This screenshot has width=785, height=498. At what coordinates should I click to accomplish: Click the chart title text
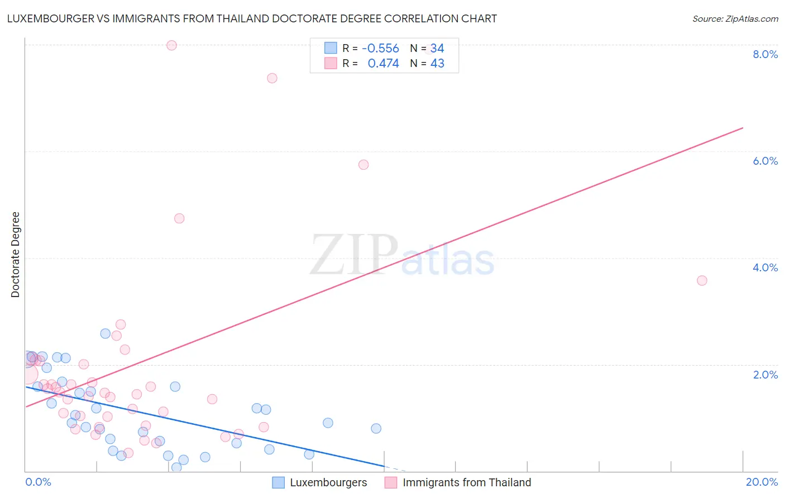click(x=252, y=18)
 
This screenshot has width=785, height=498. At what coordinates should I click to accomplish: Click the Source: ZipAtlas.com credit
click(x=735, y=18)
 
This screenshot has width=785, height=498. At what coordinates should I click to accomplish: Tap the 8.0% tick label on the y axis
click(x=765, y=54)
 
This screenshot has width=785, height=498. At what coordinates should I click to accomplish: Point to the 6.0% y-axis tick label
click(x=765, y=161)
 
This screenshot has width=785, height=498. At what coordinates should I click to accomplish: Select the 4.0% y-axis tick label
click(x=765, y=267)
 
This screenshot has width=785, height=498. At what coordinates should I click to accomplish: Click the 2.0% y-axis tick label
click(x=765, y=375)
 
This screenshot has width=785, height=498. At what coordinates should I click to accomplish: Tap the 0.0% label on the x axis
click(x=38, y=482)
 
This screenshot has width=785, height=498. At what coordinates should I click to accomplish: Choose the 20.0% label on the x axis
click(x=762, y=482)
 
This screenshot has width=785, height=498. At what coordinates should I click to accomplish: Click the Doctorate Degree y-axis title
click(x=16, y=255)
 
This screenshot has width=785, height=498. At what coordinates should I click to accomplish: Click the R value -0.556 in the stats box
click(x=380, y=49)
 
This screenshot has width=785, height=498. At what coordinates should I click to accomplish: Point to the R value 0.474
click(x=383, y=64)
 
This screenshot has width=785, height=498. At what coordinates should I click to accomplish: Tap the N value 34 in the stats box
click(x=437, y=49)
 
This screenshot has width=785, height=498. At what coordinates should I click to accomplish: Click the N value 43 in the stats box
click(x=437, y=64)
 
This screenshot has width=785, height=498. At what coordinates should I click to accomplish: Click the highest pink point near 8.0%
click(x=171, y=45)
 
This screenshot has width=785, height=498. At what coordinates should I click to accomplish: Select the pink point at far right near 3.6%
click(x=702, y=280)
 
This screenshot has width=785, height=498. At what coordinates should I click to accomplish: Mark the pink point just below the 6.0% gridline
click(x=363, y=165)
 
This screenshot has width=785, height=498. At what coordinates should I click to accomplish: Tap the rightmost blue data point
click(x=376, y=428)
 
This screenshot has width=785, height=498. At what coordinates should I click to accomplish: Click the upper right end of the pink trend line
click(x=743, y=128)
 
